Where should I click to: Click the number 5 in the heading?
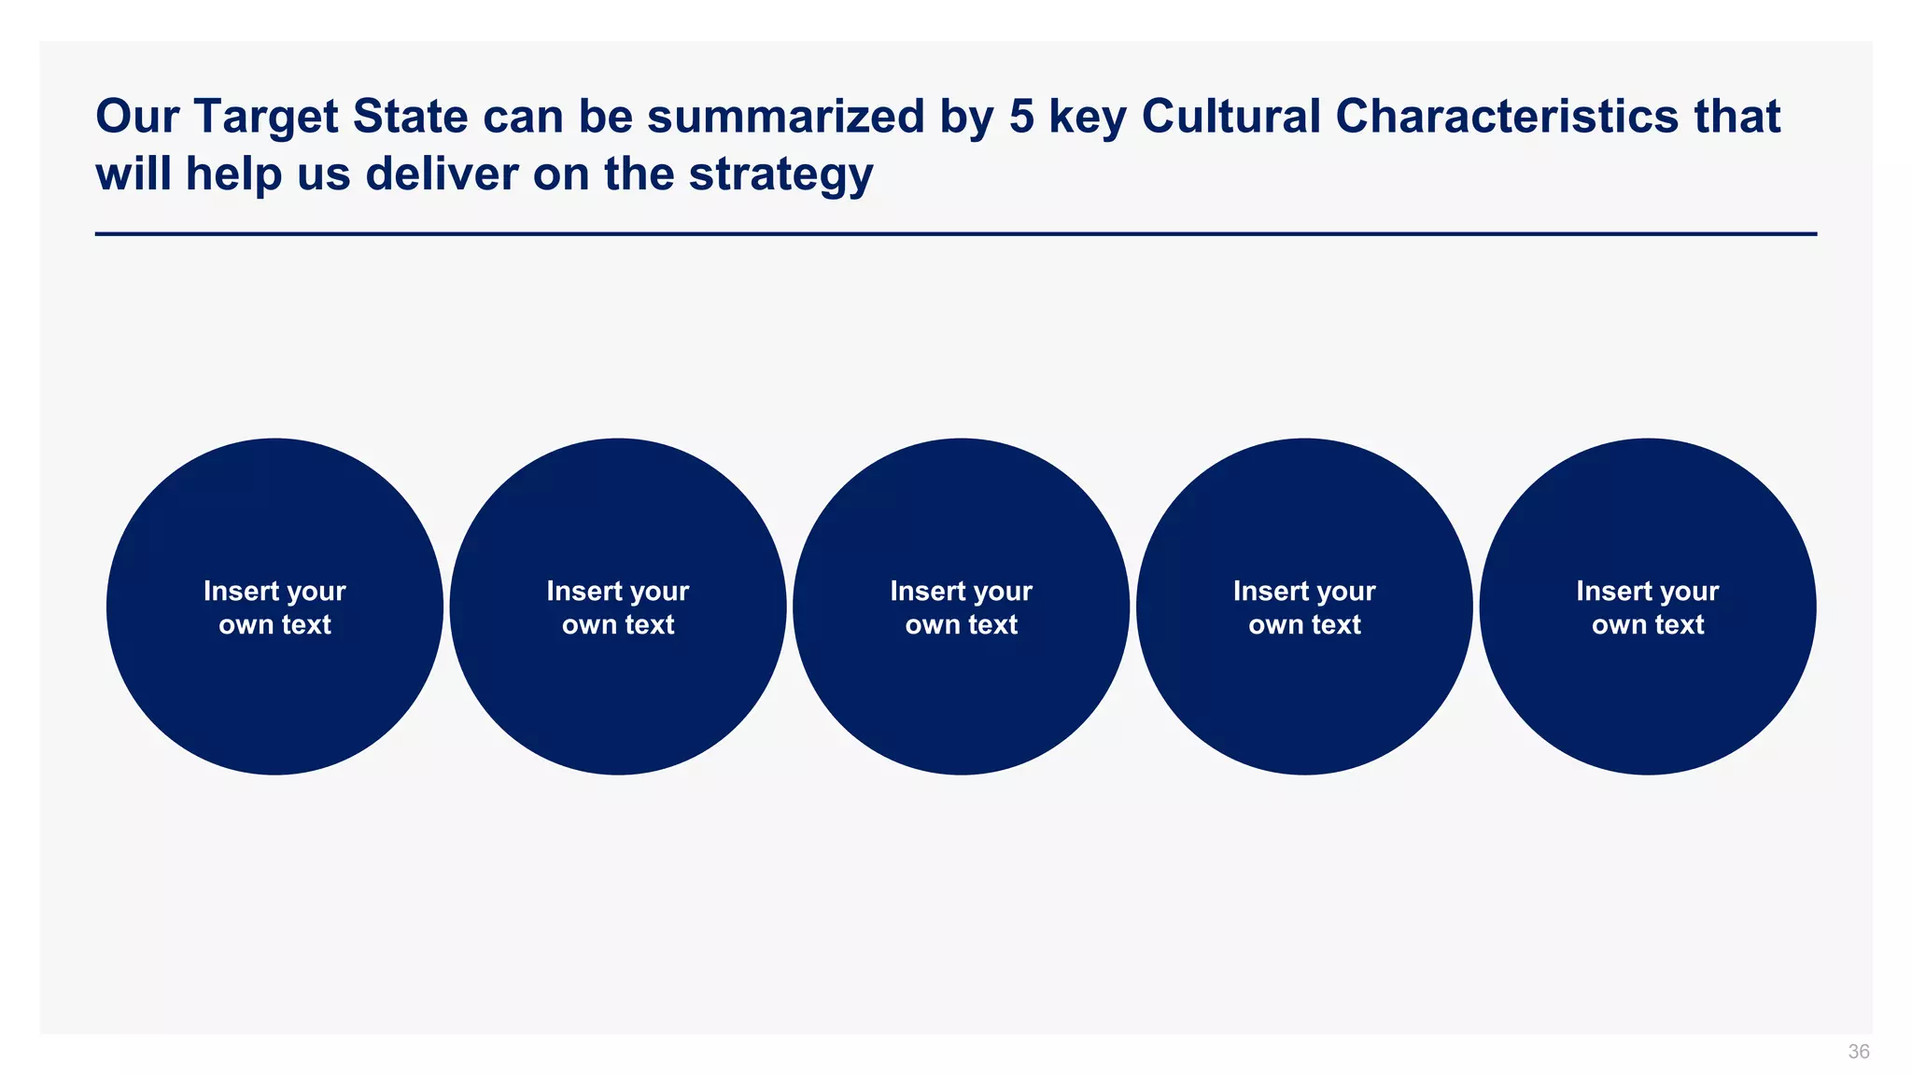(1021, 117)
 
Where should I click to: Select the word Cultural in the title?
(1230, 117)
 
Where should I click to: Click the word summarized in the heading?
(785, 117)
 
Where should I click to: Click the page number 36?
(1858, 1052)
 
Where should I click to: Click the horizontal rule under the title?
(956, 234)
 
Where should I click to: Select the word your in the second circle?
(659, 592)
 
